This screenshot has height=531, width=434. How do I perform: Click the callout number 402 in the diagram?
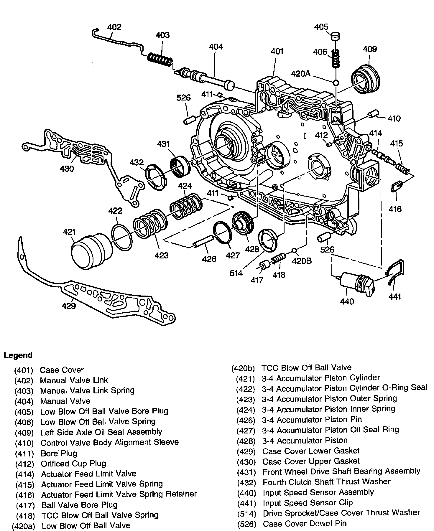[114, 27]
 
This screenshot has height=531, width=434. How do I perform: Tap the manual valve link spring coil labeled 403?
[160, 60]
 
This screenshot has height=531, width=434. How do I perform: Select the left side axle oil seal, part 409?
[366, 79]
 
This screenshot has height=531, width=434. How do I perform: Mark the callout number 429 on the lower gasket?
[69, 306]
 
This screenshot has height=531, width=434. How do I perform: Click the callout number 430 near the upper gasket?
[67, 169]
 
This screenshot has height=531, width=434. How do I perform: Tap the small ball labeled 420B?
[294, 250]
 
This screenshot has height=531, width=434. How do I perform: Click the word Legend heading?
[18, 355]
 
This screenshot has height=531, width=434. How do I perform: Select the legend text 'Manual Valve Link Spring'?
[87, 390]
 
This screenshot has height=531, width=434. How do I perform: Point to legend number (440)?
[246, 493]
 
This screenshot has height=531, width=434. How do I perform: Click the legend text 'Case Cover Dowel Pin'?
[305, 523]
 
